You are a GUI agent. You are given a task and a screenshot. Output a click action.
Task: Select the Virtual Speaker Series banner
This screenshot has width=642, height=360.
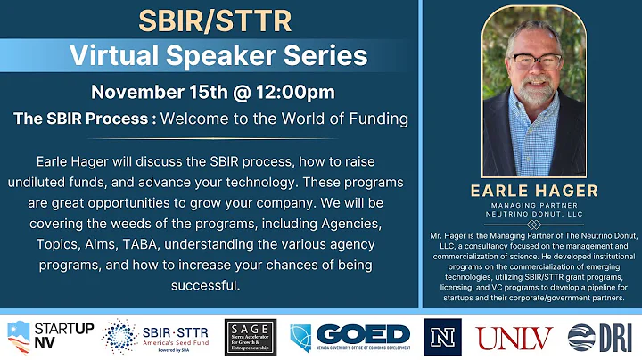click(x=213, y=55)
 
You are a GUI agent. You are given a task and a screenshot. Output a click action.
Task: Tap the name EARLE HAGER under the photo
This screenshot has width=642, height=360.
click(x=533, y=190)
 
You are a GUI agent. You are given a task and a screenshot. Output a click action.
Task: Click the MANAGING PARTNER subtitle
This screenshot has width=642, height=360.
click(x=533, y=204)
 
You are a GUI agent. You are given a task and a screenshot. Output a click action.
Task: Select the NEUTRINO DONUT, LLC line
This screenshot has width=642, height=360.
click(x=533, y=213)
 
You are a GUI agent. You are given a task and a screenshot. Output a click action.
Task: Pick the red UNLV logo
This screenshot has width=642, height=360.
click(x=514, y=337)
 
